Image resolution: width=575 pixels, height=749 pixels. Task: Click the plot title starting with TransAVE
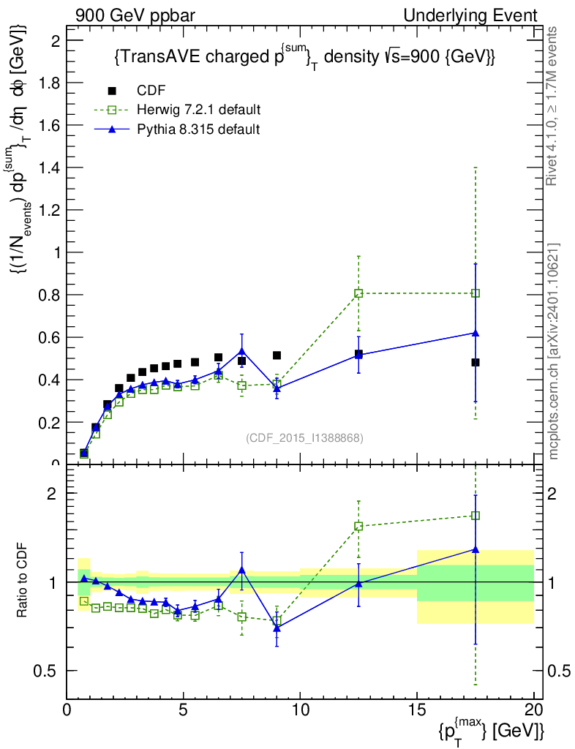[304, 59]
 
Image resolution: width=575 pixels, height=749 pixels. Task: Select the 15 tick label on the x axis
[417, 709]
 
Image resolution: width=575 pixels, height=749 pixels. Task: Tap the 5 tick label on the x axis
[184, 709]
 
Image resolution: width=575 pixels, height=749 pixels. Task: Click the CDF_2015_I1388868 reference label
[304, 437]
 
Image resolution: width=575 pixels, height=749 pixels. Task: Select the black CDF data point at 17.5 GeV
[476, 362]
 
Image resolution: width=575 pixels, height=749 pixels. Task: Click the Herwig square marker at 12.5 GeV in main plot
[358, 293]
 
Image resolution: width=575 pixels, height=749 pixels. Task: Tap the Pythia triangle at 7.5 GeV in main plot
[242, 351]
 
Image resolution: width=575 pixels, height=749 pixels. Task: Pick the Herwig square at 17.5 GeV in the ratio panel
[476, 516]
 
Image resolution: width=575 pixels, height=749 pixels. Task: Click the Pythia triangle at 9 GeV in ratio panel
[277, 628]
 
